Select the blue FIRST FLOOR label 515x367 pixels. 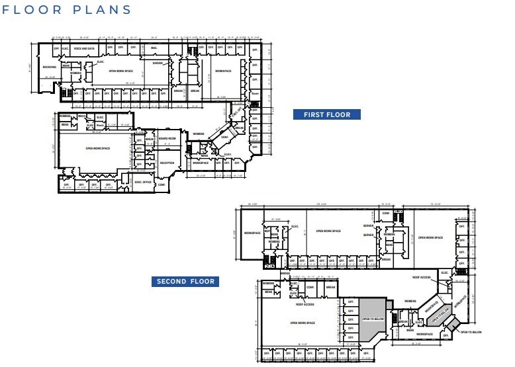(327, 114)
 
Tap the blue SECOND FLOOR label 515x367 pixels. (185, 281)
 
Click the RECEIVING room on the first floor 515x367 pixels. (49, 67)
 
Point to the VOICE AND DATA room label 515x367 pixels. (83, 49)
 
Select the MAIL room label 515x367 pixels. (154, 48)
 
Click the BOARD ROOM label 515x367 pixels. (167, 138)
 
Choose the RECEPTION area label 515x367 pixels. (167, 162)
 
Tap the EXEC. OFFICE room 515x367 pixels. (143, 182)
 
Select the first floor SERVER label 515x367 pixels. (158, 63)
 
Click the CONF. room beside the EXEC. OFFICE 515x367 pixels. (162, 185)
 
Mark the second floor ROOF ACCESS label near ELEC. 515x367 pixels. (422, 278)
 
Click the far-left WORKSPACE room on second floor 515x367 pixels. (252, 233)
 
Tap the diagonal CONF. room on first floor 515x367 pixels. (224, 138)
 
